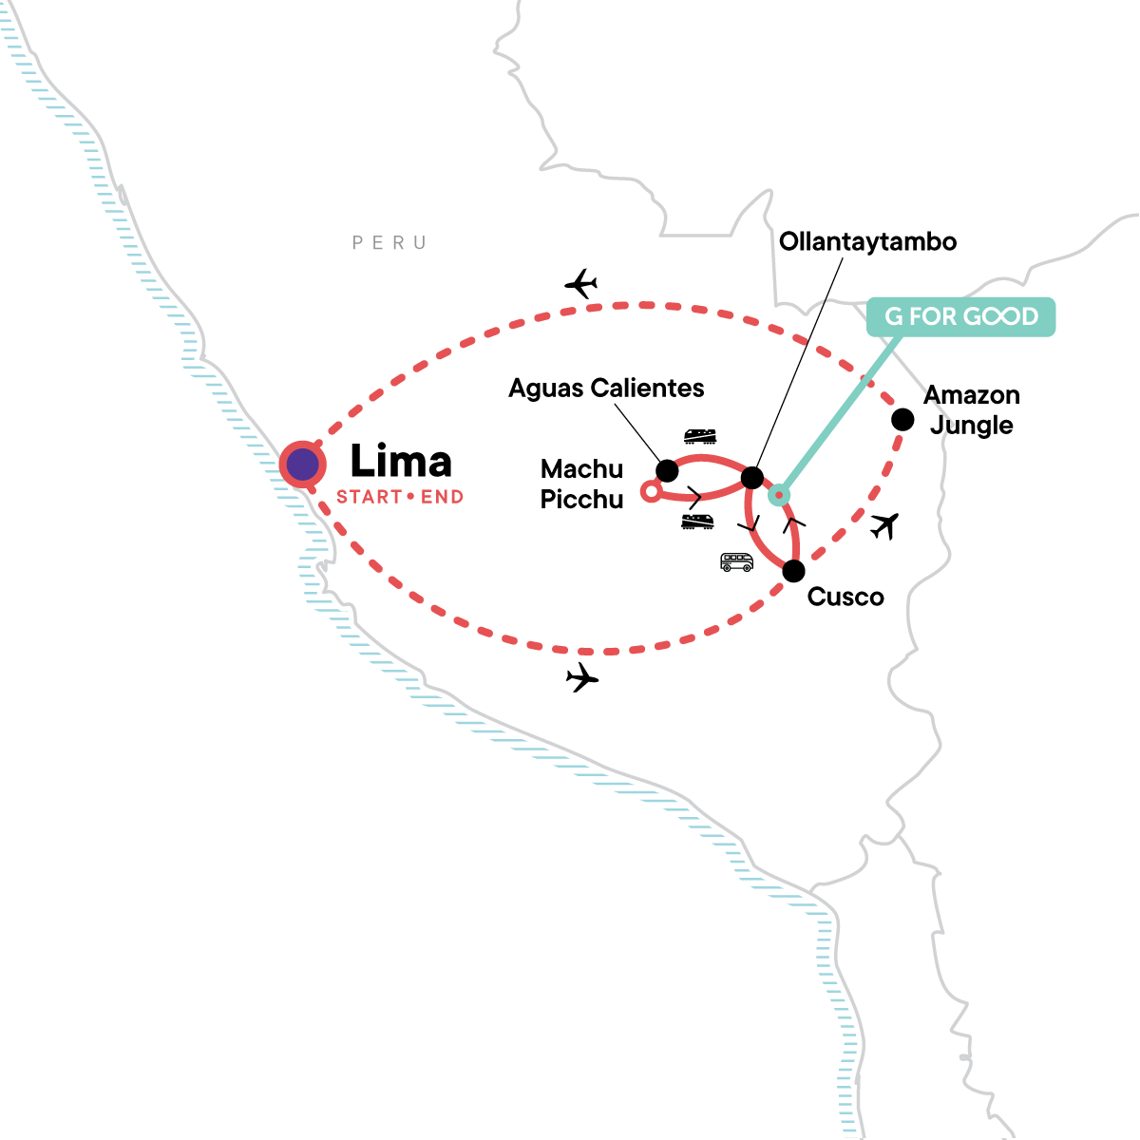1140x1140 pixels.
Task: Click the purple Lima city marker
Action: point(303,465)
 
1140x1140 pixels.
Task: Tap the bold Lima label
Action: point(400,462)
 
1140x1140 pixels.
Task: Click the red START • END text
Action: point(400,497)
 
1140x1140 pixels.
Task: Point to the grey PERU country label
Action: point(389,243)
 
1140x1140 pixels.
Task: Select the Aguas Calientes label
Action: point(606,389)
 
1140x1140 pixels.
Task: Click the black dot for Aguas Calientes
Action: point(667,470)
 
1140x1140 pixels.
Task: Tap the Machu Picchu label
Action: point(581,484)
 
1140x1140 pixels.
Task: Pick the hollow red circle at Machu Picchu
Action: point(650,491)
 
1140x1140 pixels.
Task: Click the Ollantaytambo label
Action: point(867,241)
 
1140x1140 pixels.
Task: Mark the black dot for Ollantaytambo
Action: point(751,477)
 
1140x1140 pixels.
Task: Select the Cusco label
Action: point(845,598)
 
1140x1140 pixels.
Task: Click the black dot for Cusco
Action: point(793,571)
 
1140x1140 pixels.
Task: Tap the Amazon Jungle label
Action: point(972,409)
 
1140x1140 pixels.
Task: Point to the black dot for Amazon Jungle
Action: point(902,419)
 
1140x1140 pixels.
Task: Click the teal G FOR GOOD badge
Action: point(960,316)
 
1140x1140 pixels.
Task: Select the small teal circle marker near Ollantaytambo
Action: point(779,494)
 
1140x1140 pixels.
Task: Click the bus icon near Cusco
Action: point(736,562)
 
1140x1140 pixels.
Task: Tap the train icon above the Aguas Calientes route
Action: point(699,436)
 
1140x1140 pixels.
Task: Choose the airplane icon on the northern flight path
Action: point(580,283)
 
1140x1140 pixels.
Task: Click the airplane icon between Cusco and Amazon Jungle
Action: point(884,524)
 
